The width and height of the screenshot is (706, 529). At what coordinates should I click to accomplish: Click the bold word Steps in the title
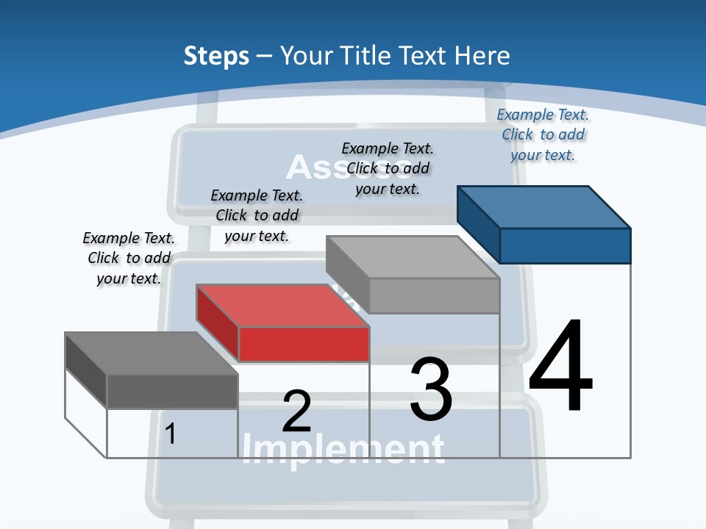coord(216,56)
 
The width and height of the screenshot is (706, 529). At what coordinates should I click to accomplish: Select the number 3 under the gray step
coord(431,389)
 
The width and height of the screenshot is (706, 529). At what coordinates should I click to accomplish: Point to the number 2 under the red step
coord(296,411)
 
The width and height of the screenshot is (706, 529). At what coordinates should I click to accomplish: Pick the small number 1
coord(171,433)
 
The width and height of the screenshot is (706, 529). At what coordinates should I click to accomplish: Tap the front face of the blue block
coord(565,245)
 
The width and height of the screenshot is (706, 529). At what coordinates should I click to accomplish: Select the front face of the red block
coord(304,344)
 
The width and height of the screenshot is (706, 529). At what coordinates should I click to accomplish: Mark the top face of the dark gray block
coord(151,353)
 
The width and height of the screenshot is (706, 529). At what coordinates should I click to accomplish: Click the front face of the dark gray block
coord(172,391)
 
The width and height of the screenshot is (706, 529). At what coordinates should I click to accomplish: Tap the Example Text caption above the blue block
coord(543,135)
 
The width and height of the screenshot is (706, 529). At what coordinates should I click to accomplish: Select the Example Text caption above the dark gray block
coord(129,259)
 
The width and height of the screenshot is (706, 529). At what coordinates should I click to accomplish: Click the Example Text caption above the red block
coord(257,216)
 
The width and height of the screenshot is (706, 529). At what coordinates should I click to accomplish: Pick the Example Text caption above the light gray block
coord(388,169)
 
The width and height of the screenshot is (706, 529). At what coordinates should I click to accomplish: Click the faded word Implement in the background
coord(343,448)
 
